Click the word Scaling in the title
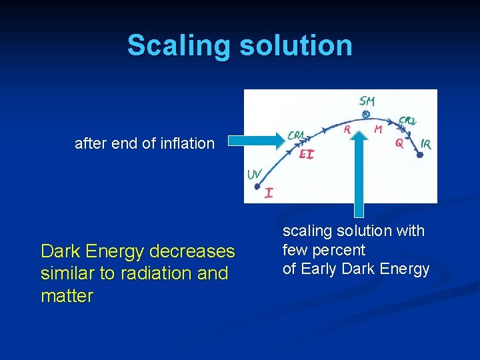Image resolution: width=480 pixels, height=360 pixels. click(176, 45)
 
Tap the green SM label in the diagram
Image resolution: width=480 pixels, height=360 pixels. click(367, 101)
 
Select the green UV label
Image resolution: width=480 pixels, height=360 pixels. click(254, 175)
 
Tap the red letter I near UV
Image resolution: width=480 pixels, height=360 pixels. click(268, 193)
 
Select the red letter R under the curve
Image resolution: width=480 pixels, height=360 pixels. click(347, 131)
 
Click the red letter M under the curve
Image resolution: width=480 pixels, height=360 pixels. click(378, 129)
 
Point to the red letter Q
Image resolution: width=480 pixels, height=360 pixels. click(399, 142)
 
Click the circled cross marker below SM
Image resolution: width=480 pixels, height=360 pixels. click(365, 115)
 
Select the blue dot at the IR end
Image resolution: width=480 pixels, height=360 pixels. click(420, 155)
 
